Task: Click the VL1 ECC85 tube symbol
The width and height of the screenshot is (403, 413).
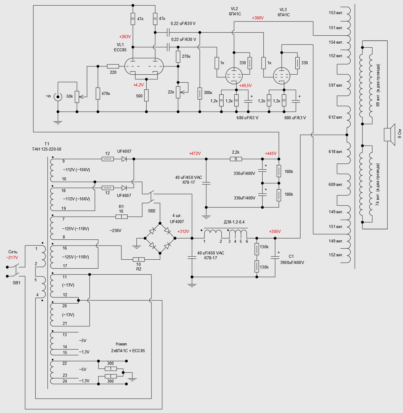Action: coord(144,66)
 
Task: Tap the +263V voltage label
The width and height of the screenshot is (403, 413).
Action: coord(125,37)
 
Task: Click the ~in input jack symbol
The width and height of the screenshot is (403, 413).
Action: coord(58,97)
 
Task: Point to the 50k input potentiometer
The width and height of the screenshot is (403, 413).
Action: coord(77,96)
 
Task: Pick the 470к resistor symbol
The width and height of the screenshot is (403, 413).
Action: coord(98,93)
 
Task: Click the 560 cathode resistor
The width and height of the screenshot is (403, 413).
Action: coord(146,96)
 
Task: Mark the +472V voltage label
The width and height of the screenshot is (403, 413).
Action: coord(195,153)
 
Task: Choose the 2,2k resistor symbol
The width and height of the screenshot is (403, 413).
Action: coord(236,159)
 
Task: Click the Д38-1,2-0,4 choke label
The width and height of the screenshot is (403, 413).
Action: coord(234,222)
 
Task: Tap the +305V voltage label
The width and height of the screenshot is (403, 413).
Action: coord(275,232)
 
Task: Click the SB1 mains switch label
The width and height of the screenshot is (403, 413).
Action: coord(17,283)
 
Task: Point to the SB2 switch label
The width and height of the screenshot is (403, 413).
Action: coord(152,211)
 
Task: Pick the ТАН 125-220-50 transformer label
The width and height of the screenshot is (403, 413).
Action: coord(47,149)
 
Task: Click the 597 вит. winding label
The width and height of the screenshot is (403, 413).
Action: coord(336,85)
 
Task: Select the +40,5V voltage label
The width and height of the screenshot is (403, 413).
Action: coord(245,86)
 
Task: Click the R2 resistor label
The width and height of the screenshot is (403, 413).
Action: coord(139,269)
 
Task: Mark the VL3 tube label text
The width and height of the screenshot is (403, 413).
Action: coord(283,10)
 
